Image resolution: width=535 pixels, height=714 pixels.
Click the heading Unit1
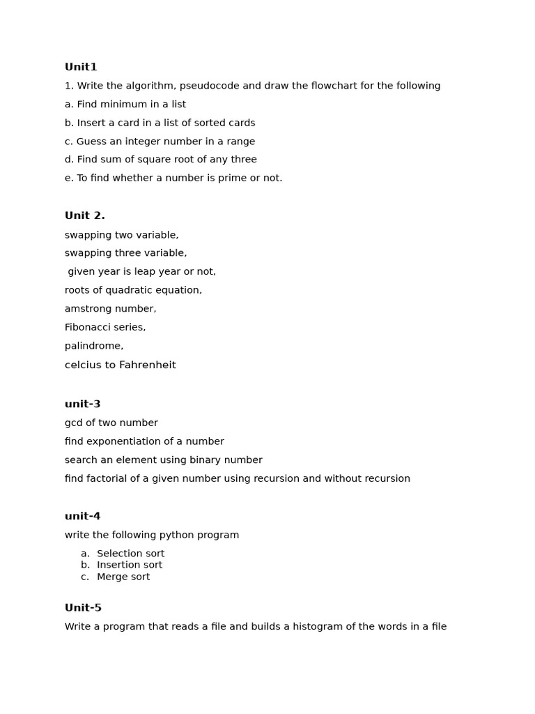click(x=81, y=67)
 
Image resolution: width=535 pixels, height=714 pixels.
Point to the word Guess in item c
click(x=92, y=142)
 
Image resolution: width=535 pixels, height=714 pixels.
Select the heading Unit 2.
click(x=84, y=215)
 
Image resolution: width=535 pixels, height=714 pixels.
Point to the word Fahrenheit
click(x=147, y=365)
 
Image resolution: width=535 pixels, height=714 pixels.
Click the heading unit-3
click(x=82, y=404)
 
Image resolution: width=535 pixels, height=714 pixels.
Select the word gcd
click(x=74, y=423)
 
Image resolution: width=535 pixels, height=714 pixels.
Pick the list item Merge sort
click(x=123, y=577)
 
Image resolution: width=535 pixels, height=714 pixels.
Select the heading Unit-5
click(x=83, y=608)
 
